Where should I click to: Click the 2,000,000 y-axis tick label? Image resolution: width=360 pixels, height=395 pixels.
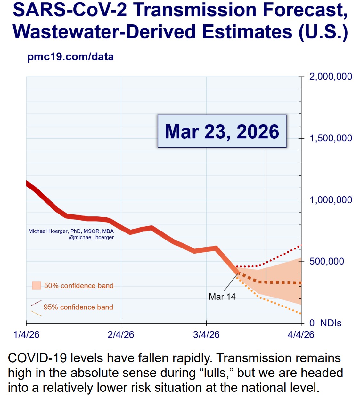click(331, 77)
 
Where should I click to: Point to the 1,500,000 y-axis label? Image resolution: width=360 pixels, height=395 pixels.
click(331, 138)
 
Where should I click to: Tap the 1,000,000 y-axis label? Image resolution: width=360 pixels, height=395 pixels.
click(331, 200)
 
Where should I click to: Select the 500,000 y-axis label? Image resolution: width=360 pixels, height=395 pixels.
click(327, 261)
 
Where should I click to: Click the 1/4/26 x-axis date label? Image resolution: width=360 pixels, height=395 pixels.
click(26, 335)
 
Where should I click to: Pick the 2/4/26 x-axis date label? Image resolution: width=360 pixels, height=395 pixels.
click(121, 335)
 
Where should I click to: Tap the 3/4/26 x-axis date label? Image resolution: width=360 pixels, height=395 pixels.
click(206, 335)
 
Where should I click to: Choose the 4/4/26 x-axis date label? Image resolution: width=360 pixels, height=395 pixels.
click(301, 335)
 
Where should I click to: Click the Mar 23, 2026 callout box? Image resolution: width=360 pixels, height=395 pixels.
click(222, 131)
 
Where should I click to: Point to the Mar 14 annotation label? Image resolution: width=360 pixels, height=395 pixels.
click(222, 297)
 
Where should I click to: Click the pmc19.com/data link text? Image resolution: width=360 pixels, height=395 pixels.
click(70, 57)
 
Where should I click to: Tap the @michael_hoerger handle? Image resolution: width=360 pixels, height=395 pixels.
click(91, 238)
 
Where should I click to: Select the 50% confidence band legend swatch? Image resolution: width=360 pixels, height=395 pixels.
click(37, 285)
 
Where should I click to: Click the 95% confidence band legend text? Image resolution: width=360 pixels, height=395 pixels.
click(78, 307)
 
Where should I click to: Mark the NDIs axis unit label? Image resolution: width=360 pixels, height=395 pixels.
click(331, 323)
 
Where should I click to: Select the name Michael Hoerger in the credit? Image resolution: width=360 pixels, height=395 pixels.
click(48, 231)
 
